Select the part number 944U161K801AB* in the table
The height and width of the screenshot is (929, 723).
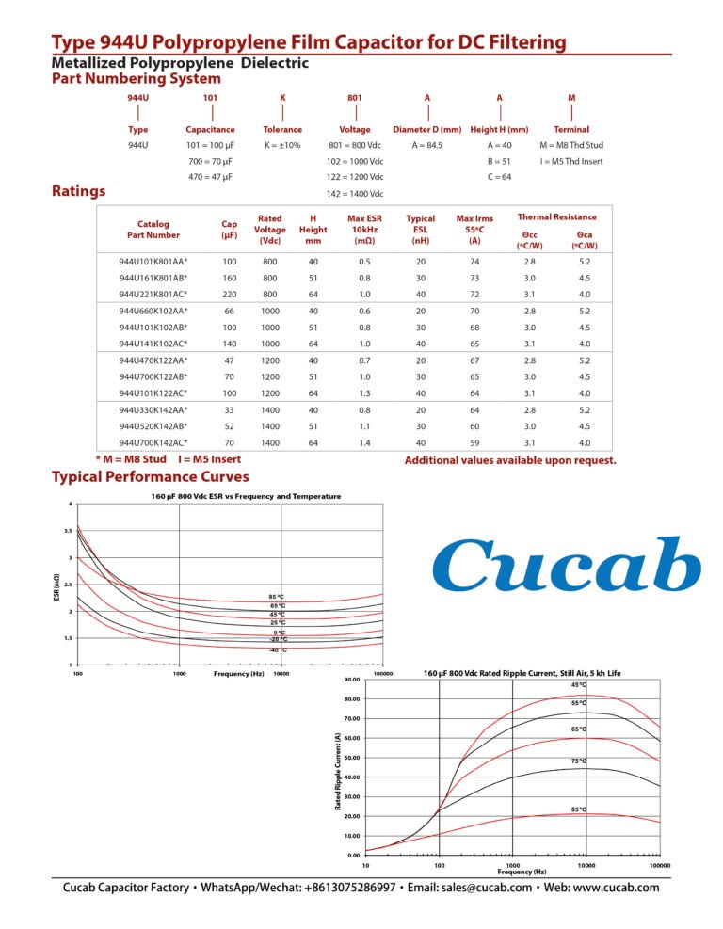click(153, 278)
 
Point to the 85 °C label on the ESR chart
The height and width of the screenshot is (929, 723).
click(278, 597)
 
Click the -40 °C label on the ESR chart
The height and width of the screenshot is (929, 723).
click(278, 650)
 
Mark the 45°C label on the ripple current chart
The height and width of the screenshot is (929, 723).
click(578, 684)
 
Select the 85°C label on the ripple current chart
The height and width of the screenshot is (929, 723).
click(578, 809)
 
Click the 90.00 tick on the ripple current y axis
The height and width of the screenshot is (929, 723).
click(351, 680)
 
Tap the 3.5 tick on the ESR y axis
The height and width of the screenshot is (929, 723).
click(69, 531)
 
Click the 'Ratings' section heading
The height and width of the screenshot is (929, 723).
click(77, 192)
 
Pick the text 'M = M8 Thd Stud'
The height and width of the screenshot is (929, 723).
click(570, 146)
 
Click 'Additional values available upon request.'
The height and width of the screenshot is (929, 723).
click(510, 460)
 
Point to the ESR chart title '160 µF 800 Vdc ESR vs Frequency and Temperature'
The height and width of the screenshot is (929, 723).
click(246, 496)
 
